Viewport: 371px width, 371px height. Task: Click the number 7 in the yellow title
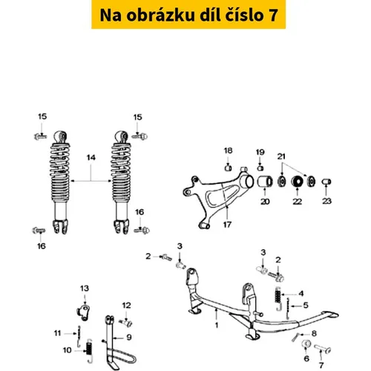point(272,16)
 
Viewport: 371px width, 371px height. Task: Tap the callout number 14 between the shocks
point(91,157)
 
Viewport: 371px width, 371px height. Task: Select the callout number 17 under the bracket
point(227,225)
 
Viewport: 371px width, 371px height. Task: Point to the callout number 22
point(298,202)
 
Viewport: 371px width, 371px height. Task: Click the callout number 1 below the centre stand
point(217,325)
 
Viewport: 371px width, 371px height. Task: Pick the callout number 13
point(85,289)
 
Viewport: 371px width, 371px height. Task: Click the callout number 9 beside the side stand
point(129,337)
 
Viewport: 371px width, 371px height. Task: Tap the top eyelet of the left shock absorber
point(60,137)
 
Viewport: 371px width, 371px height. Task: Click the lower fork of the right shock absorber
point(122,227)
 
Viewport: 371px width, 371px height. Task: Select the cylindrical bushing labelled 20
point(265,182)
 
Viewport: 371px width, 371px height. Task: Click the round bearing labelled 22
point(298,182)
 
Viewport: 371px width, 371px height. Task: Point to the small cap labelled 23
point(326,182)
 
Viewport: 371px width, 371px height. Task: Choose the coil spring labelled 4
point(278,298)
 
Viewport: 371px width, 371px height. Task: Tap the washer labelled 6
point(306,344)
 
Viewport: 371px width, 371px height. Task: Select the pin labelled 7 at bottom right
point(323,349)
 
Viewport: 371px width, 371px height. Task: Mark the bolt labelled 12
point(126,323)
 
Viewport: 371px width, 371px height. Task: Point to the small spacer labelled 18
point(228,168)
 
